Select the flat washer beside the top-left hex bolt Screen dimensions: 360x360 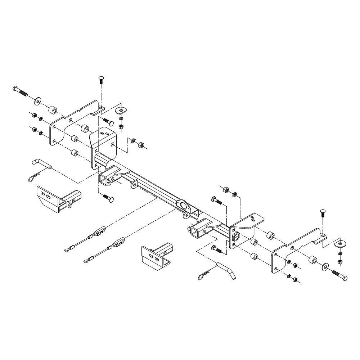(38, 100)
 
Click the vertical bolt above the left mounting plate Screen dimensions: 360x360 (101, 80)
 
